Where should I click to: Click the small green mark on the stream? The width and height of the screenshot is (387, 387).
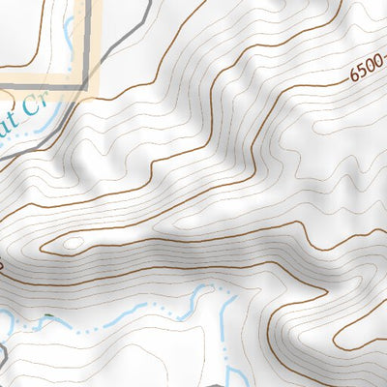click(43, 318)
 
